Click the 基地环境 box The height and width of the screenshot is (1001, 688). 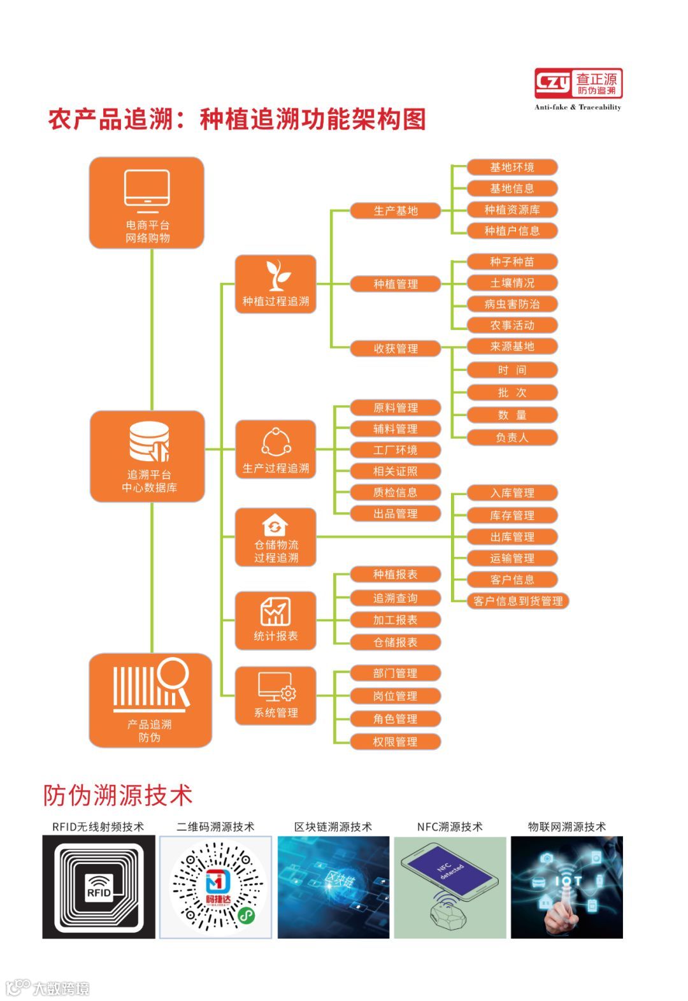click(512, 168)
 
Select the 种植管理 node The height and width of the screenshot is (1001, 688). click(395, 284)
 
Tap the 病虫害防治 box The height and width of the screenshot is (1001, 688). click(512, 304)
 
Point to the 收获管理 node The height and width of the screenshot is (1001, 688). click(395, 349)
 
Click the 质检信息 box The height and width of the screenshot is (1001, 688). click(395, 493)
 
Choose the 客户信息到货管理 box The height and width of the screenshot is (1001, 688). click(518, 601)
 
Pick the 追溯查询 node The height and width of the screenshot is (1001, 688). click(395, 598)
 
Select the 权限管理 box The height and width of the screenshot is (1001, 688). click(395, 742)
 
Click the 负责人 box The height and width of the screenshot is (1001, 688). click(512, 438)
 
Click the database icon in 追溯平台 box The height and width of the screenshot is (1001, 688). click(149, 442)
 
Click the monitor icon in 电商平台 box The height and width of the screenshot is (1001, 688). click(147, 190)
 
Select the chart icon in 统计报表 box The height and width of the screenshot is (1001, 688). click(275, 611)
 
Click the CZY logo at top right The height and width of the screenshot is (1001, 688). click(578, 84)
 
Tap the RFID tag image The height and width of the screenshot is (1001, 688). click(99, 887)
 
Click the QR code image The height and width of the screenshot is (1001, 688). click(216, 887)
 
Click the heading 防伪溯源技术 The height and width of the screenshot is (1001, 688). click(118, 795)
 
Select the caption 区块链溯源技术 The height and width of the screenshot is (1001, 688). click(333, 826)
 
